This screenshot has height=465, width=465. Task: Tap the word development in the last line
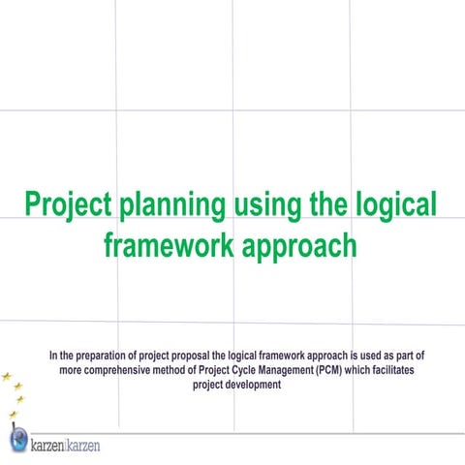click(249, 383)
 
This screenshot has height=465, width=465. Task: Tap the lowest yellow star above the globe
click(12, 415)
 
